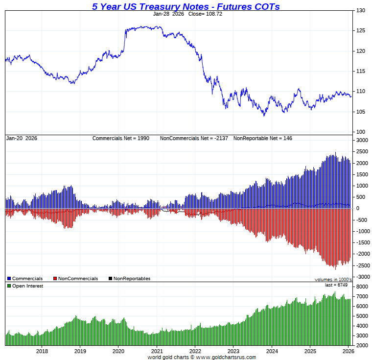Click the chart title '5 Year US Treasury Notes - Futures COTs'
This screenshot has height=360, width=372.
[186, 6]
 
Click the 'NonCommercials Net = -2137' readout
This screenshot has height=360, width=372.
[194, 139]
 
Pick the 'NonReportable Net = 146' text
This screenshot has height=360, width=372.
[263, 139]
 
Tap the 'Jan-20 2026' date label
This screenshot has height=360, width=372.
[22, 139]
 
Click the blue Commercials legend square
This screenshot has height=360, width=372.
[9, 279]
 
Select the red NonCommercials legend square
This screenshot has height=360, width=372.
[55, 279]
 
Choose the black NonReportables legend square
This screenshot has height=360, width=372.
[111, 279]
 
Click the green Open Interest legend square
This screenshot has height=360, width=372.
[9, 286]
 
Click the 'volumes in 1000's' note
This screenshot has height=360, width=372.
[333, 280]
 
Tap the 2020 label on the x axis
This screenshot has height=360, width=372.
[118, 351]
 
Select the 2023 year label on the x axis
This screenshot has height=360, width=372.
[233, 351]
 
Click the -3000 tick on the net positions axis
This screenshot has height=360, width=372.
[361, 277]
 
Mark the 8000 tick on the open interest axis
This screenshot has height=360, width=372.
[361, 287]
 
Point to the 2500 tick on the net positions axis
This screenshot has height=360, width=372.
[361, 152]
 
